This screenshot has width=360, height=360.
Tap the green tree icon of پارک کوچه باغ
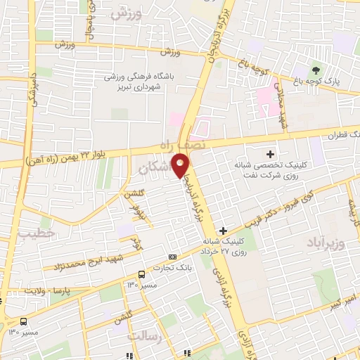pyautogui.click(x=315, y=70)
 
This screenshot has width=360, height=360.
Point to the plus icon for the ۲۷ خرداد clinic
pyautogui.click(x=223, y=231)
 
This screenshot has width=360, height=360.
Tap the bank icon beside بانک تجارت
pyautogui.click(x=172, y=257)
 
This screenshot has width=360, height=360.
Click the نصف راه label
pyautogui.click(x=184, y=143)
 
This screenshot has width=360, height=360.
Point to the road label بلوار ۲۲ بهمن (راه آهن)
pyautogui.click(x=86, y=154)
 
